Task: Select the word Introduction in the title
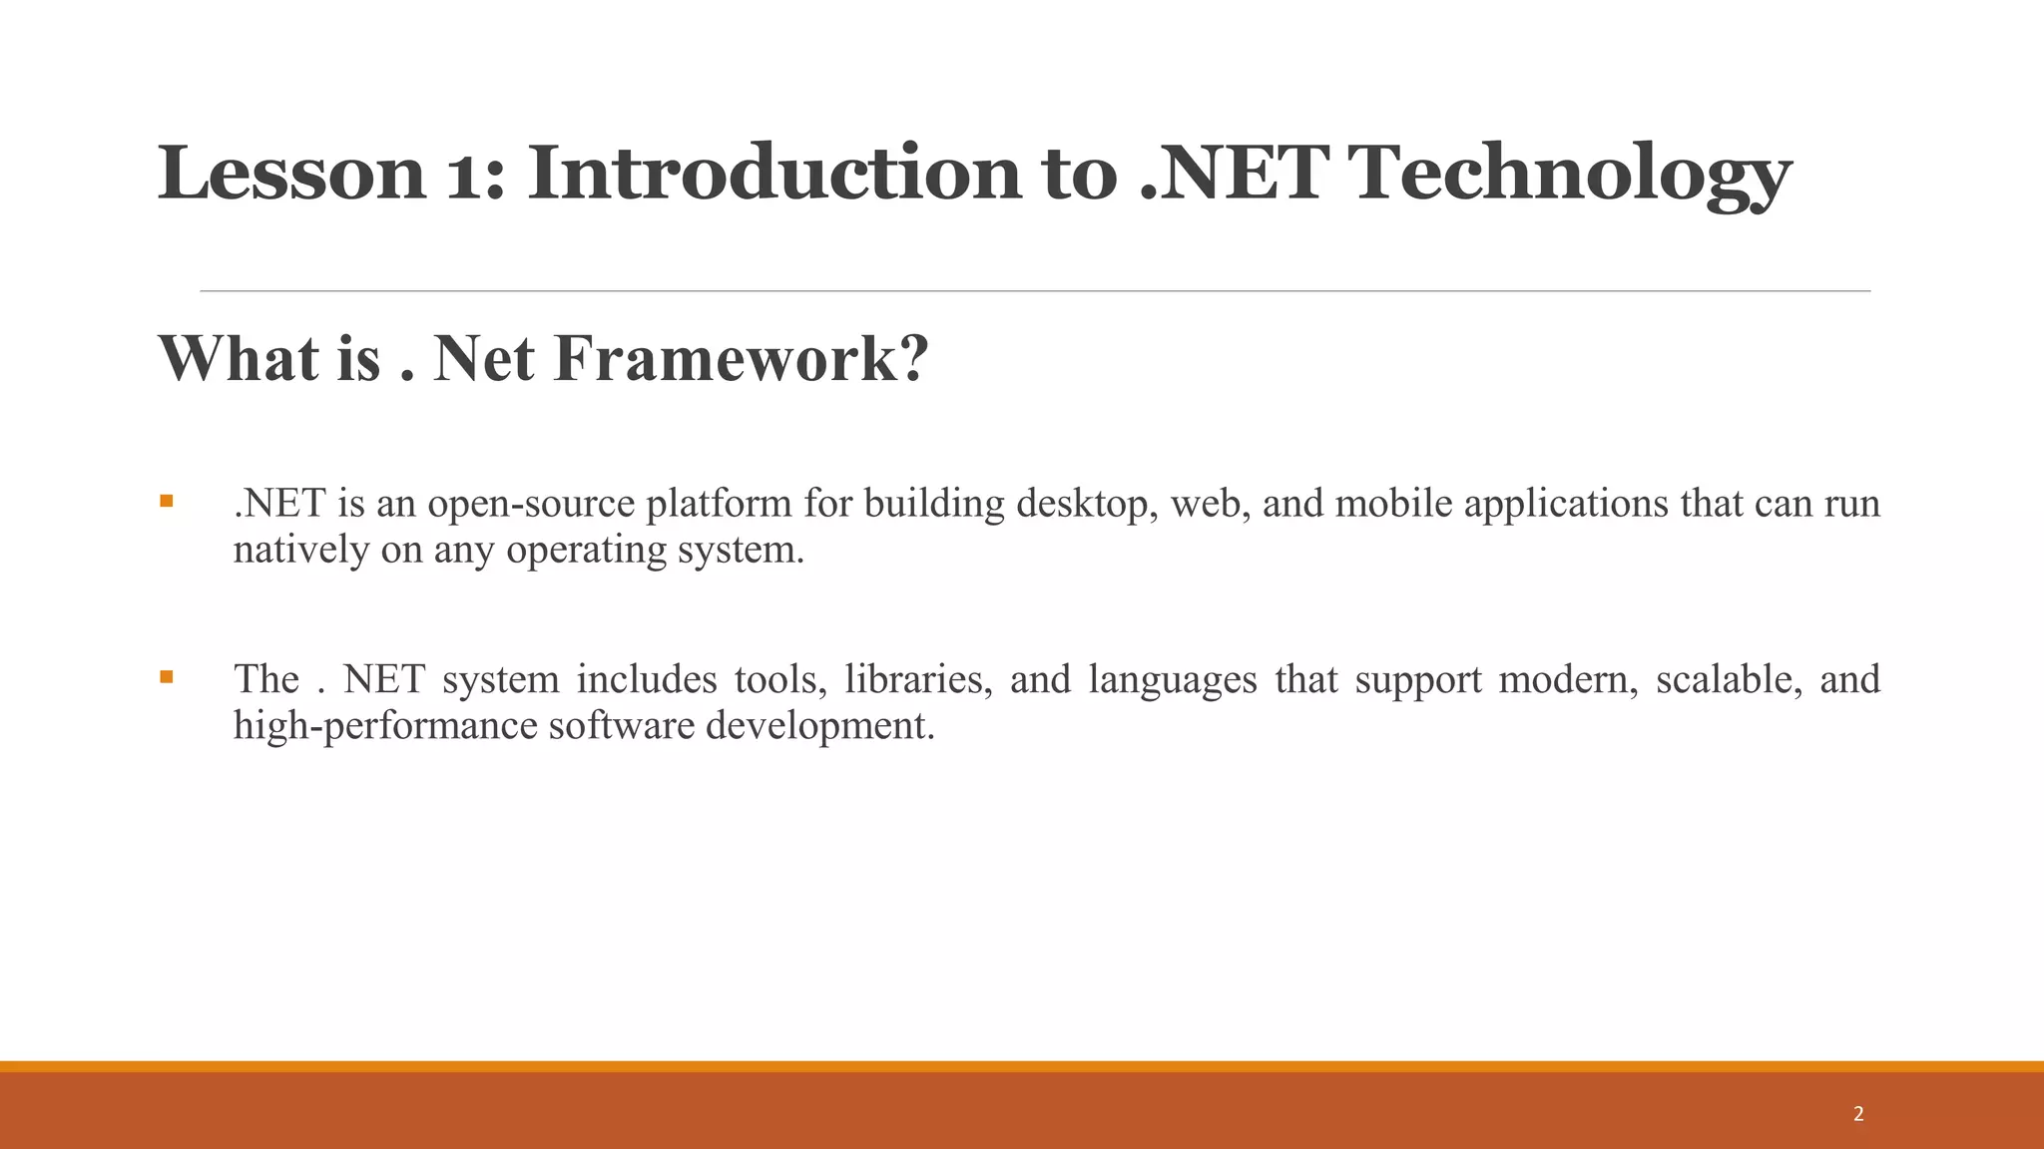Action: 773,174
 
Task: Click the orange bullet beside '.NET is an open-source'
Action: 167,501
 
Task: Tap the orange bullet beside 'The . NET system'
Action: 167,677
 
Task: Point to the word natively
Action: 300,550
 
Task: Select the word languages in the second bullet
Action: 1172,680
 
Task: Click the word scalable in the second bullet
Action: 1729,680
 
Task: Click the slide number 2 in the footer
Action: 1858,1114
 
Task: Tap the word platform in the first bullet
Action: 719,504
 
